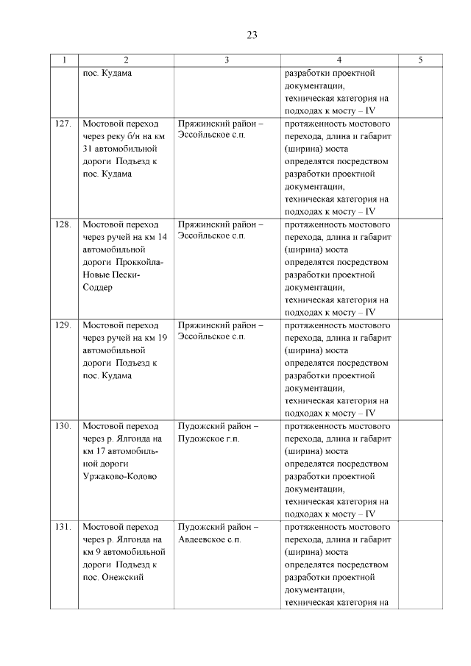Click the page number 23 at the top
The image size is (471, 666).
tap(251, 35)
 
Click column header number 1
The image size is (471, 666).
tap(64, 60)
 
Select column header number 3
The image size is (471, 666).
tap(227, 60)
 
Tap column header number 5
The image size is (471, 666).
tap(420, 60)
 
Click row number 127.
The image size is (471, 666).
tap(63, 124)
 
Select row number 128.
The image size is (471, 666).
tap(63, 224)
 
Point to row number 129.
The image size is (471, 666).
tap(63, 325)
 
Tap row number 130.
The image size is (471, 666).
tap(63, 426)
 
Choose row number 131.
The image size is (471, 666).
tap(63, 527)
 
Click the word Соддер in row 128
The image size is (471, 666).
tap(98, 287)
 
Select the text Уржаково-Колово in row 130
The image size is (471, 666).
tap(121, 476)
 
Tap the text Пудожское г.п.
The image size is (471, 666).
tap(210, 439)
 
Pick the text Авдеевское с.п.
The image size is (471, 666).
tap(211, 539)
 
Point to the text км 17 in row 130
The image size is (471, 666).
tap(94, 451)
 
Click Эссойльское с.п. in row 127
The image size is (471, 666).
tap(211, 136)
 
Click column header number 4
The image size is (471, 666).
tap(339, 60)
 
